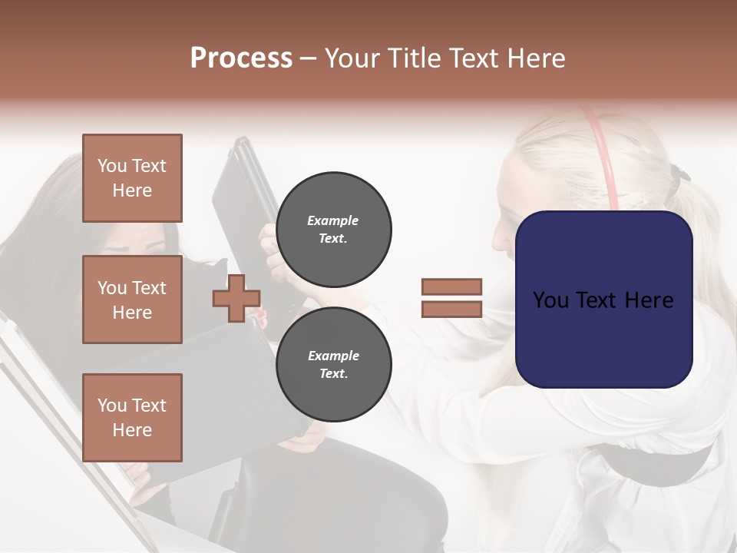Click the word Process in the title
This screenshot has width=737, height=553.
[241, 58]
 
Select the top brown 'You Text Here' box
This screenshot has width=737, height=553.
[132, 178]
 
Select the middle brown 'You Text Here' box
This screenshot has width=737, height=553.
[132, 300]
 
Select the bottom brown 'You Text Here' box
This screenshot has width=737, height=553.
[132, 417]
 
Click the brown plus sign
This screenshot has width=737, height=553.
[236, 297]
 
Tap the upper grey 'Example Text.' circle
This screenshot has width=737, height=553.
[333, 230]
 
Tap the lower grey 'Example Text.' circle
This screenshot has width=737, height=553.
[333, 364]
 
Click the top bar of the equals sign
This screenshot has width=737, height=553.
[451, 286]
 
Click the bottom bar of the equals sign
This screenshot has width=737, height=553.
[451, 309]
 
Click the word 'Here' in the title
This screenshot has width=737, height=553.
[534, 58]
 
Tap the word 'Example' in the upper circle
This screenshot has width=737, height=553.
[333, 220]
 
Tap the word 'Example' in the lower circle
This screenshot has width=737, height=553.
[333, 356]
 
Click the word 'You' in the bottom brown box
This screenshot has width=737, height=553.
[112, 406]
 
